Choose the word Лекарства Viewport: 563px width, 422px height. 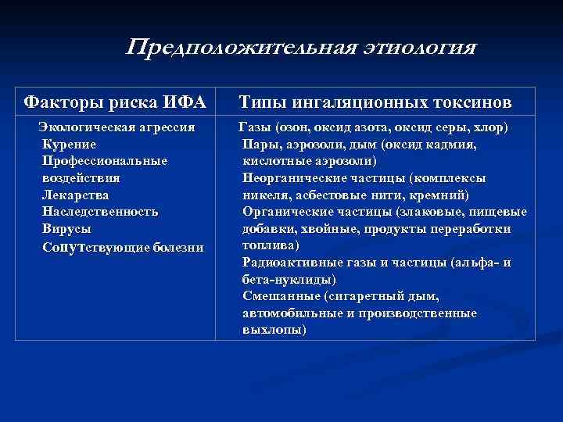click(76, 195)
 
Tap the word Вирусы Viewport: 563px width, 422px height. click(66, 229)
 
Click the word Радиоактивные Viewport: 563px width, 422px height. click(293, 263)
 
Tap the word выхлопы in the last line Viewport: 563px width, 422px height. click(273, 330)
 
